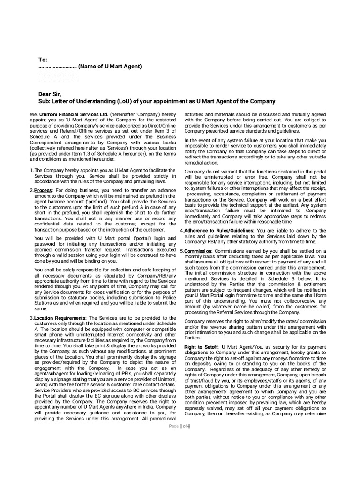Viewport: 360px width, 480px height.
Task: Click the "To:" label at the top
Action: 43,60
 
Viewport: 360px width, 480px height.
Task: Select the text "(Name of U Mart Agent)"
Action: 110,67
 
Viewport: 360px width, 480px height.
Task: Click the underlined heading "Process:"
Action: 43,190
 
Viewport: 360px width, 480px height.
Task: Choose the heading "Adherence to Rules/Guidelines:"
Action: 219,231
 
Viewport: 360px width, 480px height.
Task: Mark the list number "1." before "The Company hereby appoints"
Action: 31,171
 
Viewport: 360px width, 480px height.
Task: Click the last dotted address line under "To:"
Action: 57,82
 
